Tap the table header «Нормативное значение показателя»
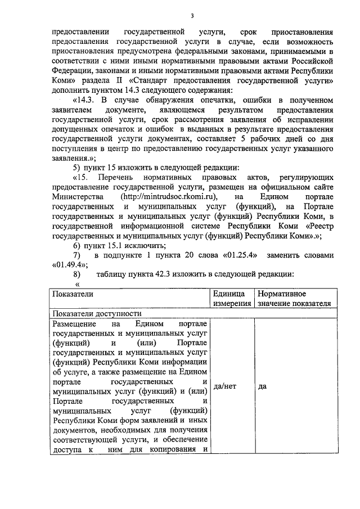point(293,299)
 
